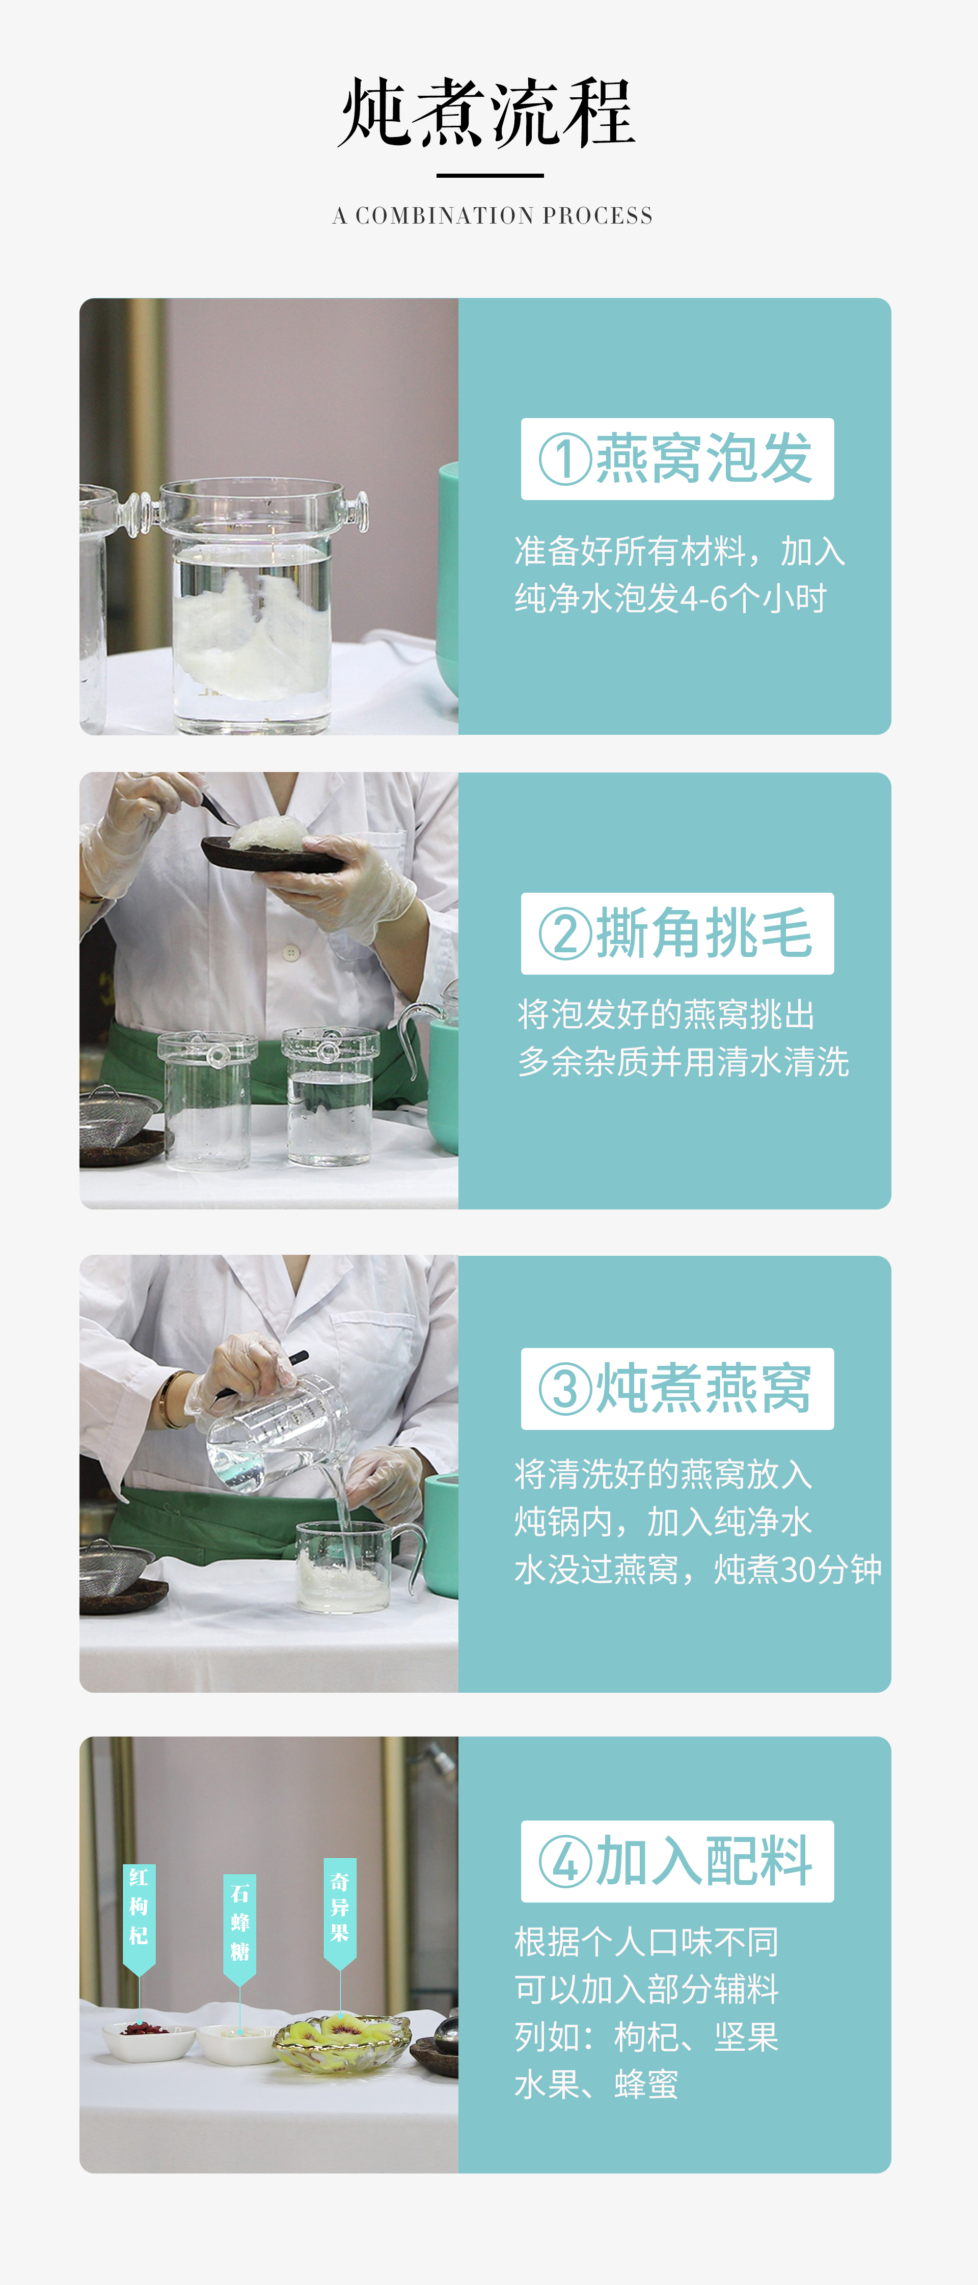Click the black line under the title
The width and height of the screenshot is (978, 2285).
[490, 176]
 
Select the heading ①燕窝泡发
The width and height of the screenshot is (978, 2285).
[676, 459]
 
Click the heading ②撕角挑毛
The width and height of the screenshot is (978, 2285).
[676, 933]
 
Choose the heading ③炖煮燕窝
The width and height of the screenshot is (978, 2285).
[676, 1388]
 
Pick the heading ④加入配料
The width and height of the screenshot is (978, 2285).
[676, 1861]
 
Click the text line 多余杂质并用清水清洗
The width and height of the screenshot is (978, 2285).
[684, 1062]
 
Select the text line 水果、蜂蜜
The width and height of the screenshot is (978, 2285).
[596, 2084]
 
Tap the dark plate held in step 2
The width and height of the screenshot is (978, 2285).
[270, 854]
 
